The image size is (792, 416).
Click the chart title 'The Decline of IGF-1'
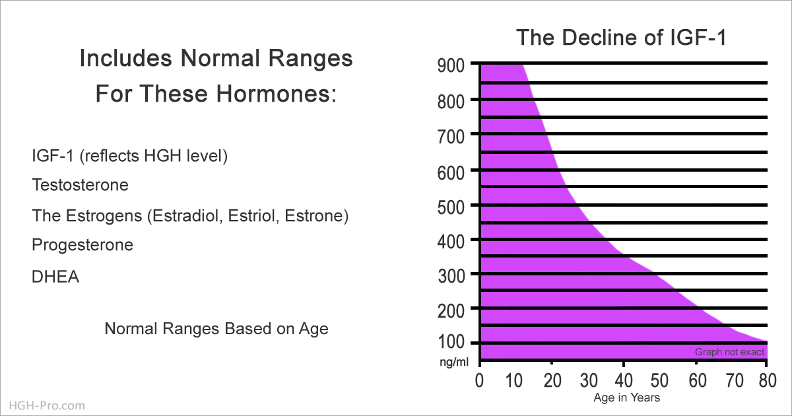621,38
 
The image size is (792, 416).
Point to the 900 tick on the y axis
451,66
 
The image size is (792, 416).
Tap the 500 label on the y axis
451,207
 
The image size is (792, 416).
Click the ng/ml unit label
454,362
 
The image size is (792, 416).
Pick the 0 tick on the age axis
479,380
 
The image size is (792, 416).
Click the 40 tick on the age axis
624,380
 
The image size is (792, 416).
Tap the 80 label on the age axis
768,380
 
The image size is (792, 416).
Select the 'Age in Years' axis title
626,398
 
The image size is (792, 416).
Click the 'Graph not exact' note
729,352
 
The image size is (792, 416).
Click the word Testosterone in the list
81,185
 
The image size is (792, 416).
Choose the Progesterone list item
82,245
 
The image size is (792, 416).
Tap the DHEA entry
55,277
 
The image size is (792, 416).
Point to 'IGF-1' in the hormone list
53,156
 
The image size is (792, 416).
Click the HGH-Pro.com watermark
47,405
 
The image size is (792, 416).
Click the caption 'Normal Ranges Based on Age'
216,329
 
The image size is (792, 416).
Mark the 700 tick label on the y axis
451,137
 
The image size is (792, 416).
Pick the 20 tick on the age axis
552,380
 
